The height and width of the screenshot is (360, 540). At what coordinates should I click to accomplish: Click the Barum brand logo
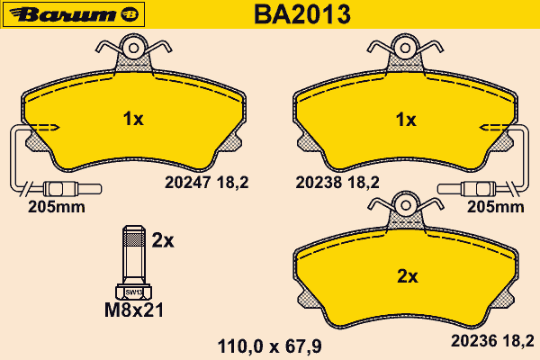pos(74,14)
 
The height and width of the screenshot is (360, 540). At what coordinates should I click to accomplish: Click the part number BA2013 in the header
pos(302,14)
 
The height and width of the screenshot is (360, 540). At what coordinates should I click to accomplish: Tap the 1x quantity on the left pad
pos(133,119)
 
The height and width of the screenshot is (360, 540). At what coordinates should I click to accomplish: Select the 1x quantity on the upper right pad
pos(406,120)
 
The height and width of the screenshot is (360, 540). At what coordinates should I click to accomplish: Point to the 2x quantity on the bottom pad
pos(408,276)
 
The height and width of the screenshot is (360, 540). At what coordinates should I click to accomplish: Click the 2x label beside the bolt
pos(163,241)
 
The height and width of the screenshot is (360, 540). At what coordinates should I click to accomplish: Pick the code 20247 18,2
pos(207,182)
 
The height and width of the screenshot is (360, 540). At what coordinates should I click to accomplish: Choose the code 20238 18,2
pos(337,182)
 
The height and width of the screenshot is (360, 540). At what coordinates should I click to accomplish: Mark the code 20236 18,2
pos(492,341)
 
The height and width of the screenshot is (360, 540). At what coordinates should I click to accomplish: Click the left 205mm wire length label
pos(57,207)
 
